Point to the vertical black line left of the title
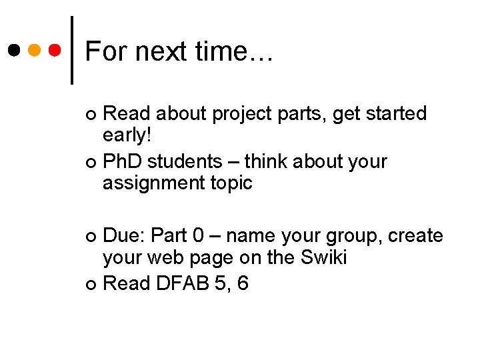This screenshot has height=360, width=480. [x=72, y=50]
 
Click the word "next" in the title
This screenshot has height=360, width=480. [x=153, y=51]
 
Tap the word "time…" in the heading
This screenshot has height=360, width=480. [x=231, y=51]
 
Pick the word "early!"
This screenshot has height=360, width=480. [x=127, y=135]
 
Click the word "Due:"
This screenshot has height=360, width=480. [x=125, y=236]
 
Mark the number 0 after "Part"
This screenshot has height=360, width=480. [x=197, y=236]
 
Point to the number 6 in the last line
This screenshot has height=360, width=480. [x=243, y=283]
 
